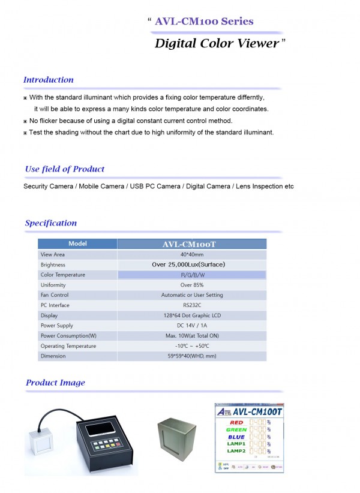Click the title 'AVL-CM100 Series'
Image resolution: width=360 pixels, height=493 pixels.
coord(204,22)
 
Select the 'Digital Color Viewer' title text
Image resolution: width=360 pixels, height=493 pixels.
coord(217,43)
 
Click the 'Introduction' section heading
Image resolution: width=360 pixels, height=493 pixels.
coord(49,80)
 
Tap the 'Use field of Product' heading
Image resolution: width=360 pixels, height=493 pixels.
coord(65,169)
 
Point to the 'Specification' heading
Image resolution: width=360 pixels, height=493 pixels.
coord(51,223)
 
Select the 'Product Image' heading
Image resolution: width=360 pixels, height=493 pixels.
coord(55,383)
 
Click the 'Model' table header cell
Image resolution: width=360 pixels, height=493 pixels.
coord(77,244)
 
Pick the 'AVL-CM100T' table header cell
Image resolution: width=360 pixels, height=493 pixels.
coord(191,244)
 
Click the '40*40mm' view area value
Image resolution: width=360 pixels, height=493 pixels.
coord(192,254)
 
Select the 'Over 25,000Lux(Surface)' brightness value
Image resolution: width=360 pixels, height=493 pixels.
coord(192,264)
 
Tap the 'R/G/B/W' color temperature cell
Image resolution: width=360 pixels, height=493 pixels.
coord(192,275)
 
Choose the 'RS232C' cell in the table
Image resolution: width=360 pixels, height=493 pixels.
coord(192,305)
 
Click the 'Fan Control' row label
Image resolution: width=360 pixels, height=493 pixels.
coord(55,295)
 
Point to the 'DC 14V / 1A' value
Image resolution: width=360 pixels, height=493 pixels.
coord(192,326)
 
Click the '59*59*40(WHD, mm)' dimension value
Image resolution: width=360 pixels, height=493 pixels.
coord(192,356)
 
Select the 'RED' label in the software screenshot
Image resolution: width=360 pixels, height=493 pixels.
coord(237,422)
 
